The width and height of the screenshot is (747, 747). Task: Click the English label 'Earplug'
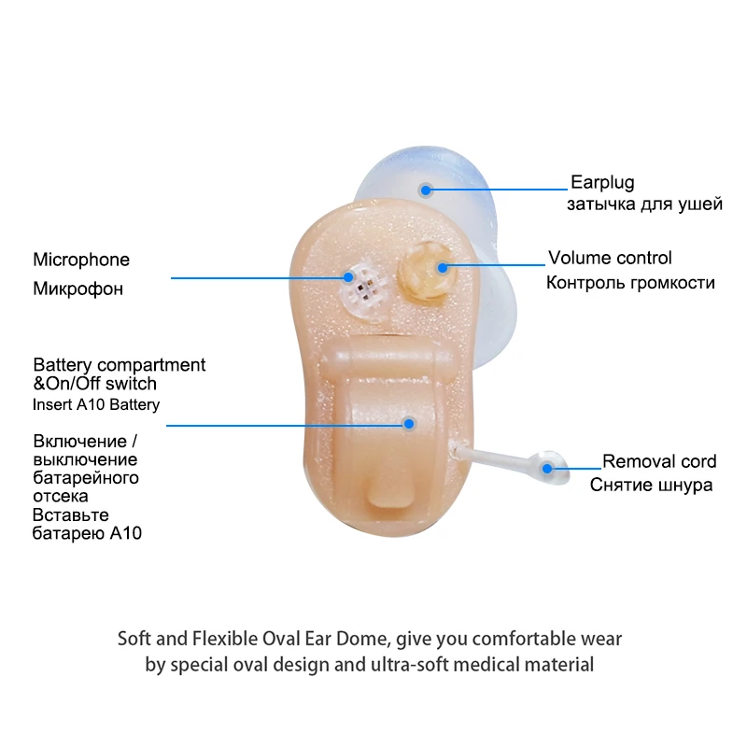point(602,182)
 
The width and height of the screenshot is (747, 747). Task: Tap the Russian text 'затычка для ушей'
point(644,204)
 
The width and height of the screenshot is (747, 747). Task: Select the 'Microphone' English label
point(81,260)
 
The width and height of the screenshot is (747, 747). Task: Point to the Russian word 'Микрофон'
point(78,289)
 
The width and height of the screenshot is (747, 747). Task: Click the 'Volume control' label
point(610,258)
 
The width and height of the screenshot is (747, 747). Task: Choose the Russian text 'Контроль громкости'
point(630,282)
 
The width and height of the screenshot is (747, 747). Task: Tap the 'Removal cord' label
point(659,461)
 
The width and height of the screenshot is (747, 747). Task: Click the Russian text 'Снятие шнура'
point(651,486)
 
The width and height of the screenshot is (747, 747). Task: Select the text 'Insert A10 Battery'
point(96,404)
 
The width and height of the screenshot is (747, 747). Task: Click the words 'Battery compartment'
point(120,364)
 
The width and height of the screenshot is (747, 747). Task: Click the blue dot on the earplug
point(426,190)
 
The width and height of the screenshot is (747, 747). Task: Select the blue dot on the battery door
point(409,423)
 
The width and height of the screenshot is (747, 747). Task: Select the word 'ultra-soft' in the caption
point(448,666)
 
